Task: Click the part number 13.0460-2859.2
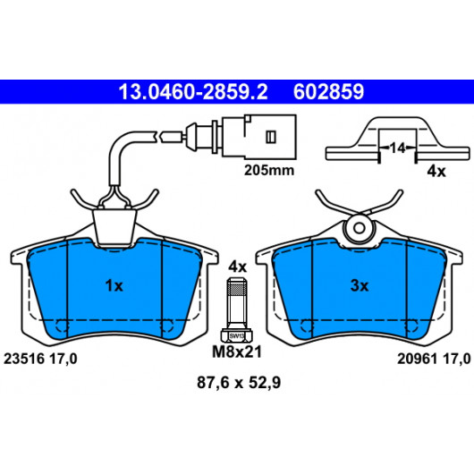[x=193, y=92]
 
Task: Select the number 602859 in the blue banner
[x=328, y=92]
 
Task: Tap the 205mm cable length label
[x=269, y=170]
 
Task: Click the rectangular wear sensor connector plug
[x=259, y=136]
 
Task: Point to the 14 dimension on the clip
[x=397, y=148]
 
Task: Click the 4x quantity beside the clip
[x=436, y=172]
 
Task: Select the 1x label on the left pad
[x=114, y=285]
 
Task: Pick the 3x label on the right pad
[x=360, y=285]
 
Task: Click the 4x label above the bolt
[x=237, y=267]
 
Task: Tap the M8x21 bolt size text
[x=237, y=351]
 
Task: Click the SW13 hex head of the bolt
[x=237, y=336]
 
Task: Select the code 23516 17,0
[x=40, y=359]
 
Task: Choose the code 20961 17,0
[x=434, y=359]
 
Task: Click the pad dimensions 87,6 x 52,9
[x=239, y=382]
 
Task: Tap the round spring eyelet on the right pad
[x=360, y=228]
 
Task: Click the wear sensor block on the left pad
[x=114, y=227]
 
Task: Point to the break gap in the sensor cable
[x=159, y=136]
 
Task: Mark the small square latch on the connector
[x=271, y=137]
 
